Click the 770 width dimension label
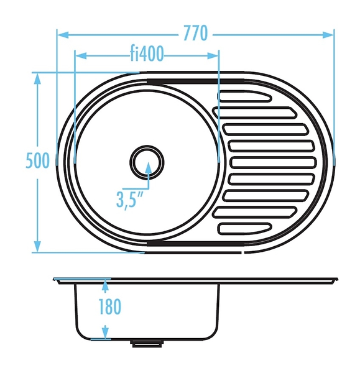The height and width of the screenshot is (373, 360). click(x=196, y=33)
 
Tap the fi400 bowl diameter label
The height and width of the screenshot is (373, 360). click(x=147, y=53)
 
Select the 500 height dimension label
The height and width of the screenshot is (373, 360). click(x=37, y=160)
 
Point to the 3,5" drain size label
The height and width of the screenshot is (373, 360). click(x=129, y=200)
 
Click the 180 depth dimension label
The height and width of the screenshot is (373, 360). click(x=109, y=306)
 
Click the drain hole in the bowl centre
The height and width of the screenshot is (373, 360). click(x=147, y=162)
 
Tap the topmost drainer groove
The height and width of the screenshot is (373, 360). click(x=244, y=96)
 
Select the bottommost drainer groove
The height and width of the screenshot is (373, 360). click(x=244, y=229)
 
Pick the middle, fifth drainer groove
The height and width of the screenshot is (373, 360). click(x=273, y=163)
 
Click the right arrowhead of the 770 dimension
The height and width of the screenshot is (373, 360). click(x=328, y=35)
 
